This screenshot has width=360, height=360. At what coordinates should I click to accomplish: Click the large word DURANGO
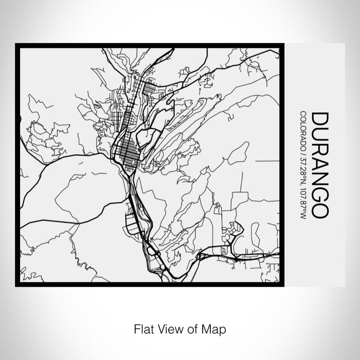(317, 165)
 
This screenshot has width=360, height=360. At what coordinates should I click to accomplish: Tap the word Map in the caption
(216, 328)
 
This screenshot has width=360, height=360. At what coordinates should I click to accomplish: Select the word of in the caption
(193, 328)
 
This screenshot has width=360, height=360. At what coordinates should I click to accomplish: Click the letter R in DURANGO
(317, 148)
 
